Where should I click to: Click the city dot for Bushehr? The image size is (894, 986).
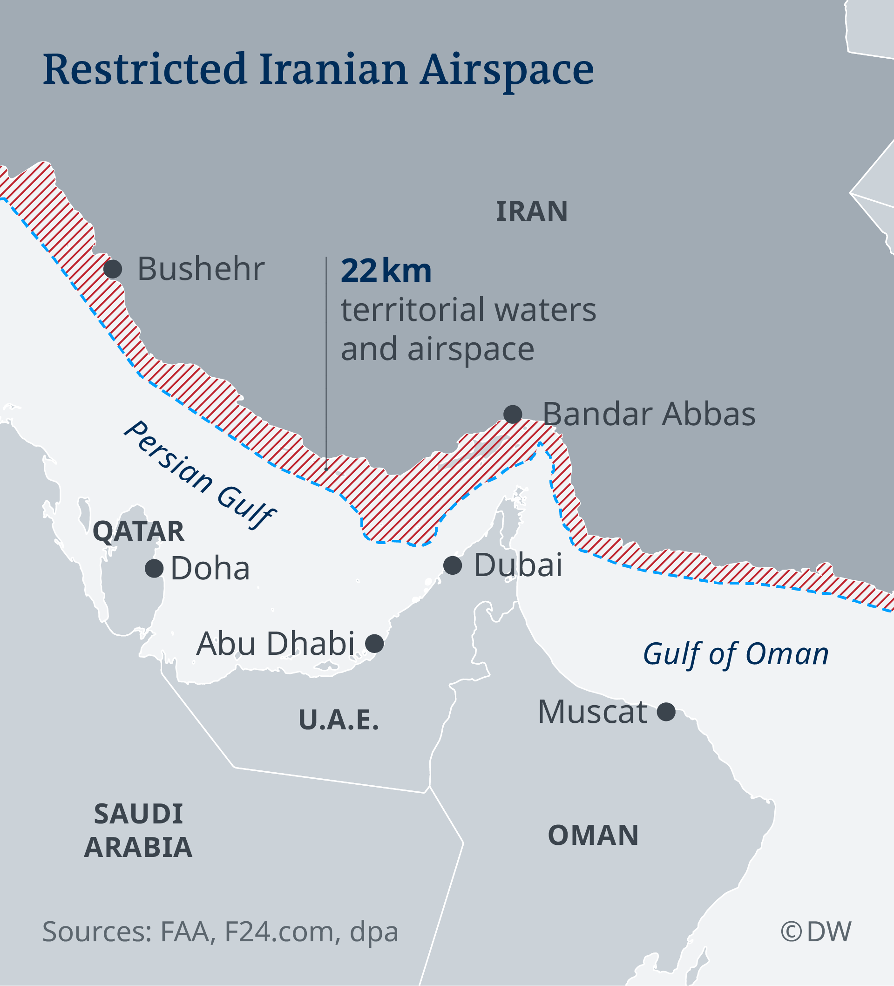113,269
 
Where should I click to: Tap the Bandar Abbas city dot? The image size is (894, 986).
513,414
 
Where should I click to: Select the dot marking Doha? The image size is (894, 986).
154,568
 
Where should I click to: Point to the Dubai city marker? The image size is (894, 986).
453,565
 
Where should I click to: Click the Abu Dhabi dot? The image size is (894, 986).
375,644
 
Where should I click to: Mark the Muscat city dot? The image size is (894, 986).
666,712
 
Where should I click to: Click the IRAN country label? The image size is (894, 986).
532,211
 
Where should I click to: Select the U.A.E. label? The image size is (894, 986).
339,720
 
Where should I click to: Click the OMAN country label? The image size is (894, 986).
593,835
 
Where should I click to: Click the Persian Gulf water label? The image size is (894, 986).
200,475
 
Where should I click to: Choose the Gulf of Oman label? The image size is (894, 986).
736,654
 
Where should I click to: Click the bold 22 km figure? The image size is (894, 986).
386,271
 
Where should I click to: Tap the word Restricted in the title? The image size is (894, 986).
145,69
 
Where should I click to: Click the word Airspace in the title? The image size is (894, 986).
507,70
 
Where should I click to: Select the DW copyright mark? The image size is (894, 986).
816,931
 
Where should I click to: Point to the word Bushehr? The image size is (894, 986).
201,269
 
